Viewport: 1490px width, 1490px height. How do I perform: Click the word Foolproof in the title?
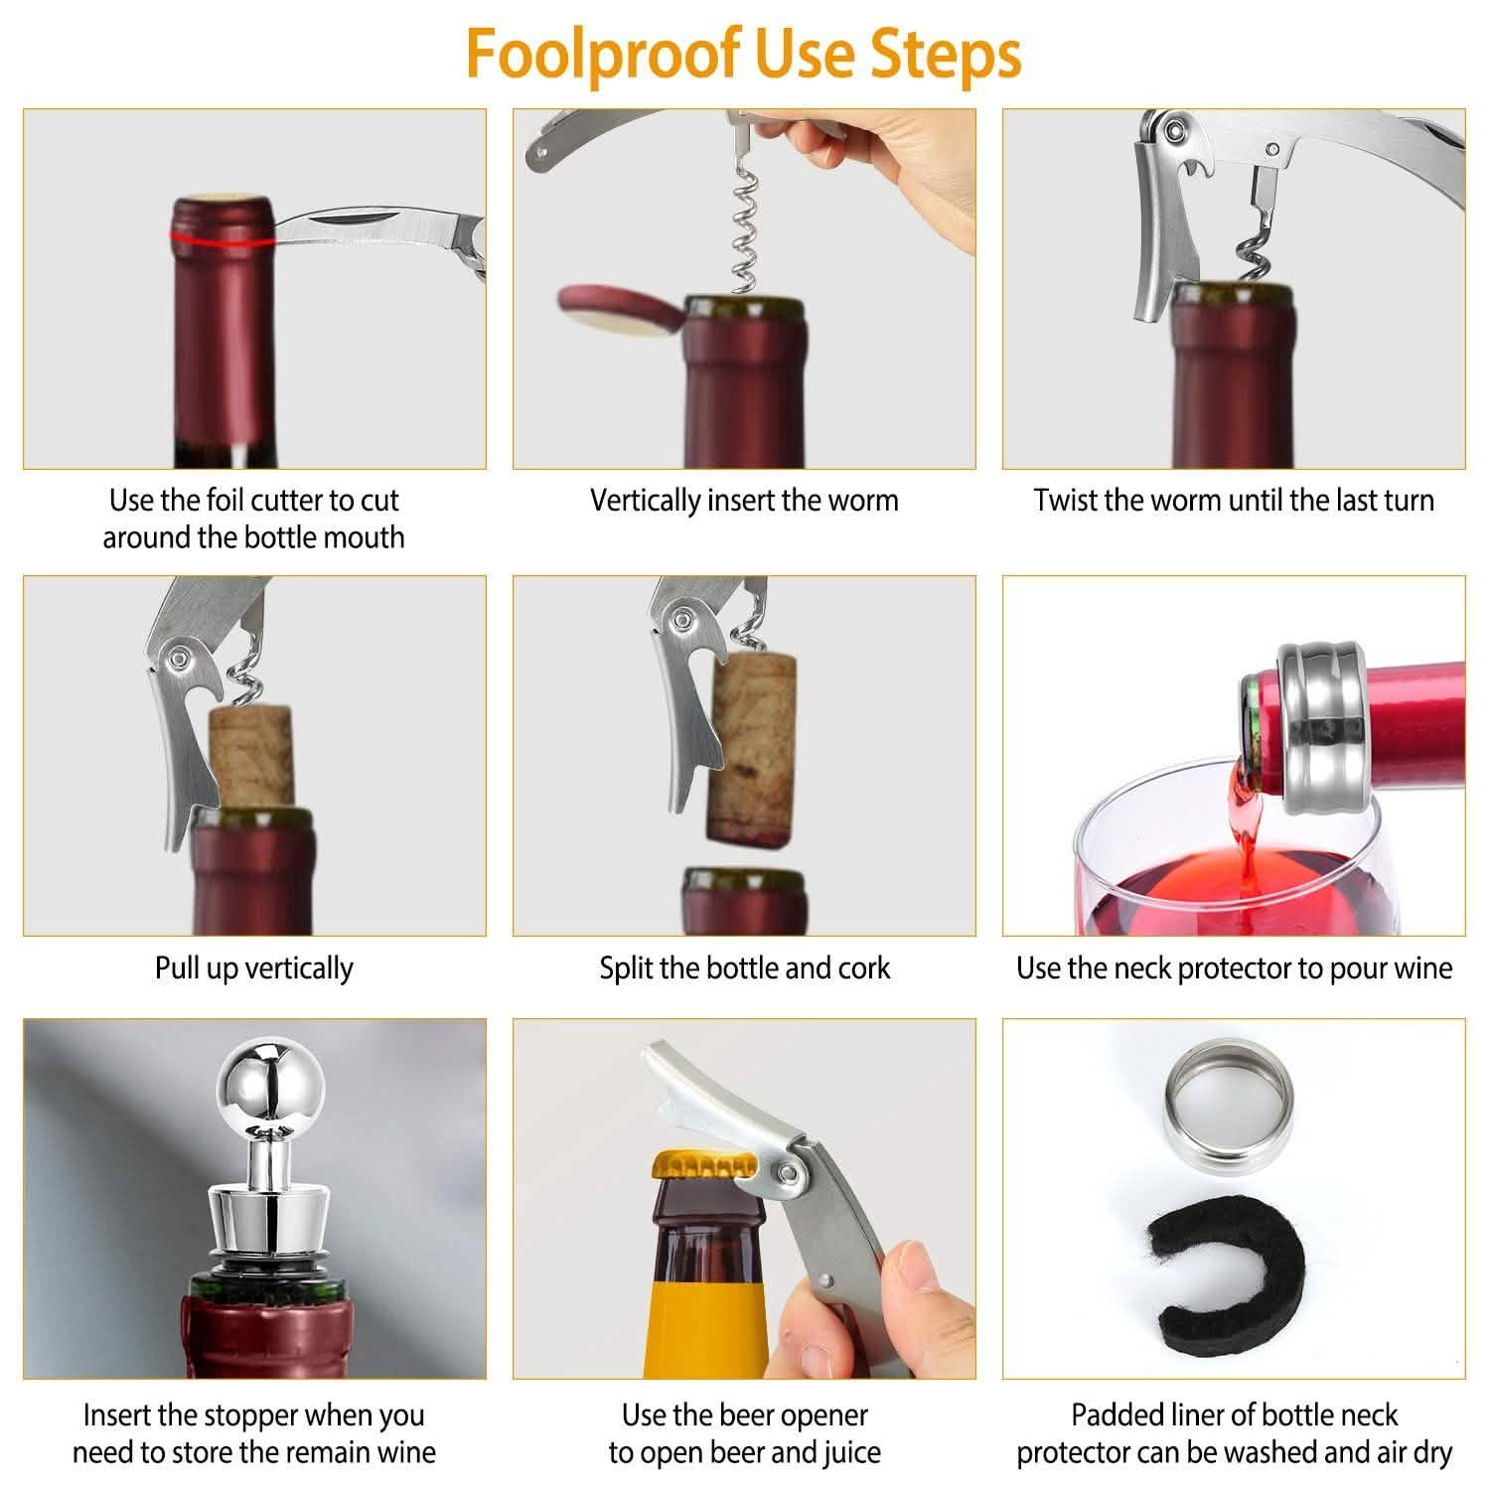603,55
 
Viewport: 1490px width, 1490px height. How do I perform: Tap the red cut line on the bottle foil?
221,239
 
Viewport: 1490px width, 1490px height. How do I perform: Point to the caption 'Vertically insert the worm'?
744,500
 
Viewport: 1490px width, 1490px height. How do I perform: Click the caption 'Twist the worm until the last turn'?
1234,500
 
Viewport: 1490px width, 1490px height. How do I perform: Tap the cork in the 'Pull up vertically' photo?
250,753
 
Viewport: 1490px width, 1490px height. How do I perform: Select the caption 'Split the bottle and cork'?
744,968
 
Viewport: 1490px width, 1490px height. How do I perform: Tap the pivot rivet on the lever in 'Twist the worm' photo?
1178,128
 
